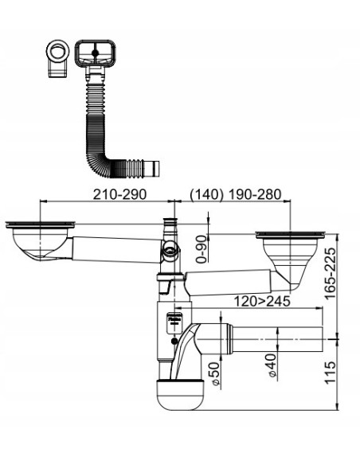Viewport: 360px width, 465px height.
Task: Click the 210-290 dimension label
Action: point(119,194)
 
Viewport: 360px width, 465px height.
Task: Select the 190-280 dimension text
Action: point(255,194)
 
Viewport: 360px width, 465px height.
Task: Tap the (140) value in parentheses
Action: point(206,194)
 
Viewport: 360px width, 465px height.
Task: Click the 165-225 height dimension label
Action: point(330,273)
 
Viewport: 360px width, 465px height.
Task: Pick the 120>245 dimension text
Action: point(262,301)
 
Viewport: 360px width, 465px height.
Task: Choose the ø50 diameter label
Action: point(216,373)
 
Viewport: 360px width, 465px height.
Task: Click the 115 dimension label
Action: point(330,373)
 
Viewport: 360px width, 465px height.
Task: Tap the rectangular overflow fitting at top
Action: point(95,53)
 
